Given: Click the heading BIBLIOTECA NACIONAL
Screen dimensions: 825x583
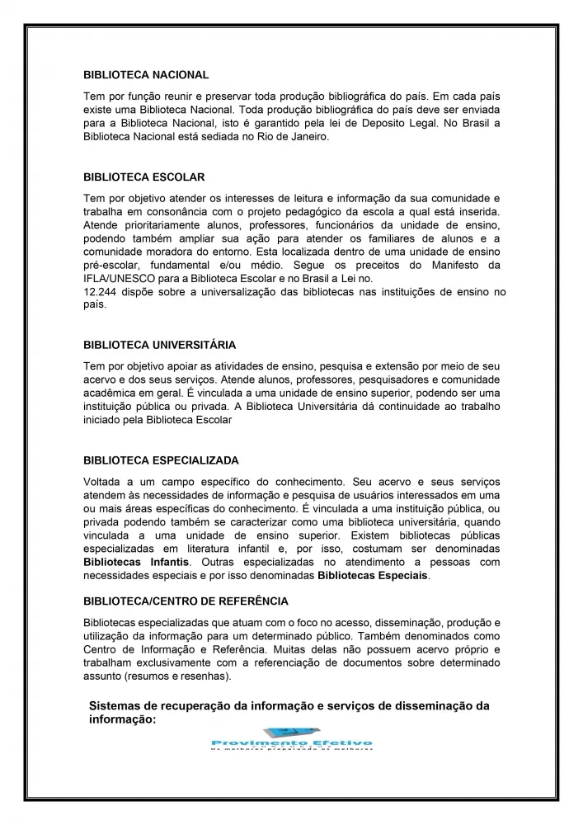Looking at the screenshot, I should pyautogui.click(x=146, y=74).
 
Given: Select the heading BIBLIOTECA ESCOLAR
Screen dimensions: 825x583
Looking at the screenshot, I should pyautogui.click(x=144, y=177).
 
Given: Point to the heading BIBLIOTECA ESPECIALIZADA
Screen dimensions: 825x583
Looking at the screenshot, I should pyautogui.click(x=161, y=460).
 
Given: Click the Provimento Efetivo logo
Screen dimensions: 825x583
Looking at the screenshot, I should pyautogui.click(x=291, y=739).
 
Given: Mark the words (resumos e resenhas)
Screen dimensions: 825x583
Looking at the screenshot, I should pyautogui.click(x=176, y=677).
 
